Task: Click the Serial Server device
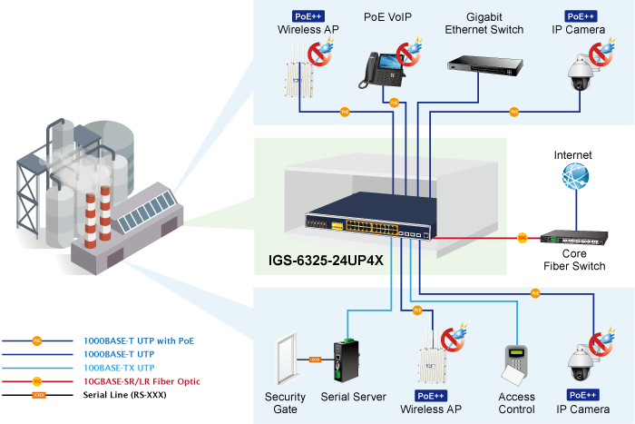(345, 360)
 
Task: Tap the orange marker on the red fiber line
(522, 238)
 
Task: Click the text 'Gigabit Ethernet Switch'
(484, 23)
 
